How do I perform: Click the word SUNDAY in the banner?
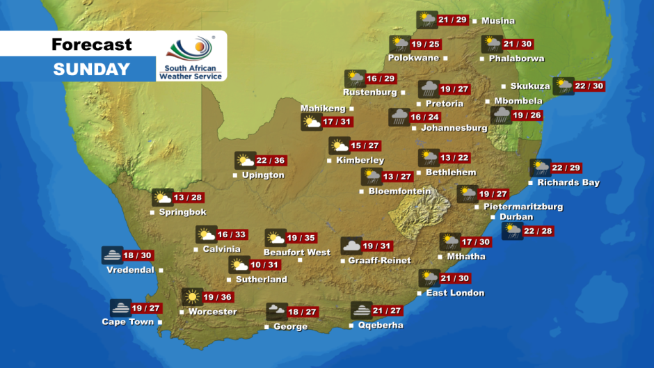click(91, 70)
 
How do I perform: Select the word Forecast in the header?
click(91, 45)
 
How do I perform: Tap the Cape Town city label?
click(127, 322)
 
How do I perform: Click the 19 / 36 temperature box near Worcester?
click(217, 297)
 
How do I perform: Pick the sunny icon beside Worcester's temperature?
click(191, 297)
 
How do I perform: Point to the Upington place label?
click(263, 175)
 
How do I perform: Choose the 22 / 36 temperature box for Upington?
click(270, 161)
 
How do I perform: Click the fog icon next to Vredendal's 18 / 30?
click(111, 255)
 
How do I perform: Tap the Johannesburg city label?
click(454, 128)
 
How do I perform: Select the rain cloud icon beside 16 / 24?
click(399, 117)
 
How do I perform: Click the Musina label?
click(498, 21)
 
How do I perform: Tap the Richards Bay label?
click(568, 183)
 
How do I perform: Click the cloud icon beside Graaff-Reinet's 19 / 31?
click(351, 246)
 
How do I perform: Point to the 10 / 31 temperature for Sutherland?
click(266, 265)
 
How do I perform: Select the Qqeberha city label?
click(380, 326)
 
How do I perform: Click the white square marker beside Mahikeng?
click(351, 109)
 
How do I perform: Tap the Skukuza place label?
click(530, 86)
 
